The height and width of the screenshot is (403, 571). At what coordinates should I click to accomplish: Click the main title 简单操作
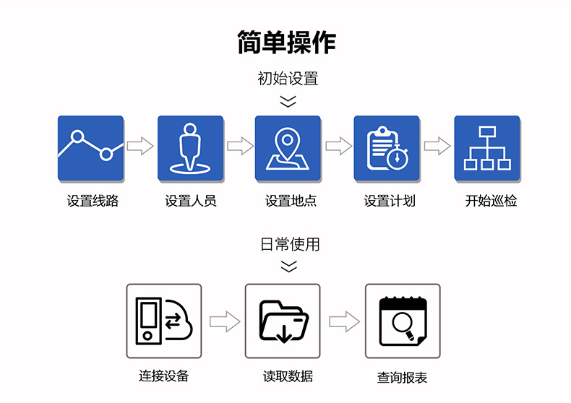[x=287, y=42]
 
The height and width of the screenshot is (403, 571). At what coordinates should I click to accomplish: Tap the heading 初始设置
[x=288, y=78]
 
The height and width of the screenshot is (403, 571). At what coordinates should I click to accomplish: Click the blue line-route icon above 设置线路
[x=90, y=148]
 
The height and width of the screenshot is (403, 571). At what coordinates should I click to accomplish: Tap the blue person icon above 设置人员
[x=190, y=148]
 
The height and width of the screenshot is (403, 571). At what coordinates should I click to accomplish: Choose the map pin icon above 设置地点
[x=288, y=148]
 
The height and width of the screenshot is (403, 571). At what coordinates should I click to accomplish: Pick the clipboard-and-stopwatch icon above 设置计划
[x=386, y=148]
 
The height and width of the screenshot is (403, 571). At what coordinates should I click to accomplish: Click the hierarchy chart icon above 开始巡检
[x=486, y=148]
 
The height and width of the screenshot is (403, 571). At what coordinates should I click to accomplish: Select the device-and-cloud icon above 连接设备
[x=164, y=321]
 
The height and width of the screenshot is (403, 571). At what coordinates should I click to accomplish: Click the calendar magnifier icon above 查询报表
[x=402, y=321]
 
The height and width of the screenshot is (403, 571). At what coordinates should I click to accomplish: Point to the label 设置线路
[x=93, y=201]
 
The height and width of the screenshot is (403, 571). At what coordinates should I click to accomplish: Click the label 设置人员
[x=191, y=201]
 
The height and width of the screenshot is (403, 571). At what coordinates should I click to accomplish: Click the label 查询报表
[x=402, y=377]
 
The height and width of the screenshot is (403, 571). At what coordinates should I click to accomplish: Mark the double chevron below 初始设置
[x=288, y=101]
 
